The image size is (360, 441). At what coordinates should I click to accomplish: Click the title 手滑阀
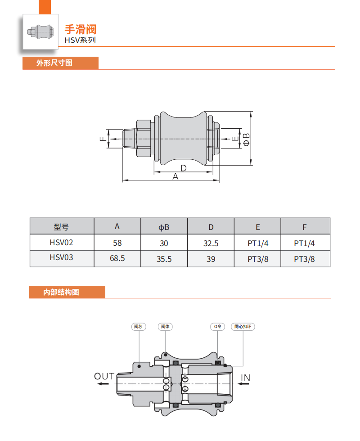81,30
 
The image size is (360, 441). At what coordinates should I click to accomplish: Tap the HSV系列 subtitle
80,40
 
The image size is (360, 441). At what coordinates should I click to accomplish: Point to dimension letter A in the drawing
175,177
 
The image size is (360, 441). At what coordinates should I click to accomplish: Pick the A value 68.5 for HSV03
117,259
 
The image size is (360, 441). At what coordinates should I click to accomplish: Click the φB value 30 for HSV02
164,243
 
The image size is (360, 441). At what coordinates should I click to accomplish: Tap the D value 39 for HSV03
211,259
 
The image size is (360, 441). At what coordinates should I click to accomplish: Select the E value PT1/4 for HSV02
258,243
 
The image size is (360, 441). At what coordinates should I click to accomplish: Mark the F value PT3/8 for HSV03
305,259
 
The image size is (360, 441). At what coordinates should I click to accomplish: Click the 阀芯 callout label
138,326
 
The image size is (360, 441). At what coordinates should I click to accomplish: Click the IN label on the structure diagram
245,377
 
